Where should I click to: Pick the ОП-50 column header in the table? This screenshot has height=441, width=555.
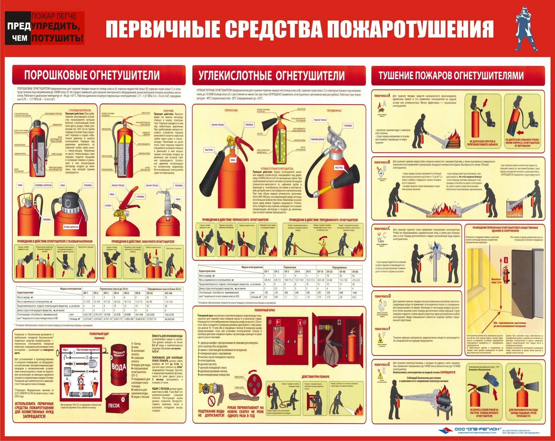point(150,293)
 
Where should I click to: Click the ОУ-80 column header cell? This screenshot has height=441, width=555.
point(355,272)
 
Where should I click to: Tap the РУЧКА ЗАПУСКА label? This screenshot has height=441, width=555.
point(71,227)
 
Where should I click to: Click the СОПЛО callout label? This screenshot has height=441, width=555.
point(108,205)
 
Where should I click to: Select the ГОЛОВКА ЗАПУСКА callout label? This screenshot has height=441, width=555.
point(43,185)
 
